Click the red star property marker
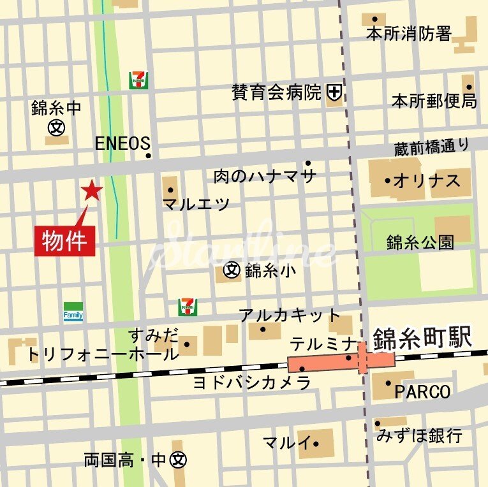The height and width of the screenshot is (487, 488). coord(92,190)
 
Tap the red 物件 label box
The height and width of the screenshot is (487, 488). coord(65,241)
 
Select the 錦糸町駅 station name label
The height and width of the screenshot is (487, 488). coord(422,338)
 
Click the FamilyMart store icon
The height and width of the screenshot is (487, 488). coord(73,312)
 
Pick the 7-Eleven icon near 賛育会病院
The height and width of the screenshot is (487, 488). coord(138,79)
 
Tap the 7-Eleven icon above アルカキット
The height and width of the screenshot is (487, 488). coord(188,307)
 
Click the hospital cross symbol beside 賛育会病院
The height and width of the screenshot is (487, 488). coord(334,93)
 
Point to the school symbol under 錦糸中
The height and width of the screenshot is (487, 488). coord(56,127)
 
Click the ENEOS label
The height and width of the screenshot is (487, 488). coord(122,143)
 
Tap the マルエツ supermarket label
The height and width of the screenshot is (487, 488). coord(196,204)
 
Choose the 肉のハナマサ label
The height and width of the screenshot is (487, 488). coord(265,176)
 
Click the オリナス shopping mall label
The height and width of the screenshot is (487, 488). coord(426,181)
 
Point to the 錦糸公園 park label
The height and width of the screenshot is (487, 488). coord(420,242)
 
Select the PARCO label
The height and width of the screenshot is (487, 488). coord(422,391)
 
